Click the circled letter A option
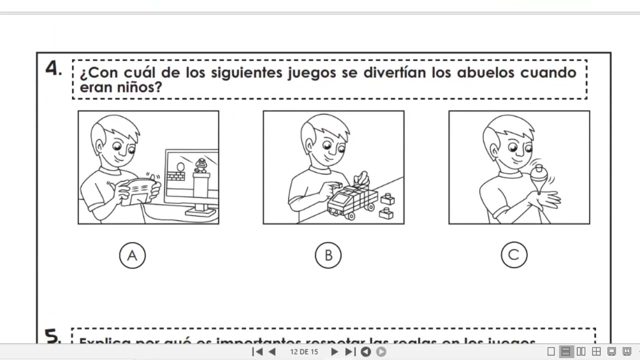(132, 255)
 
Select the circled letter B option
(328, 255)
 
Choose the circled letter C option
(513, 255)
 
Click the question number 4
(53, 68)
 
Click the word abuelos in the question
(485, 72)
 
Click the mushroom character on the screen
(201, 165)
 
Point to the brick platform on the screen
(175, 176)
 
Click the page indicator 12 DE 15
(304, 351)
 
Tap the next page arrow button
(334, 351)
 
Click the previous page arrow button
(272, 351)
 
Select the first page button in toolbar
(258, 351)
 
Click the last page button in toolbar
(350, 351)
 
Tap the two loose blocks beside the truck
(386, 206)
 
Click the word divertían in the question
(394, 72)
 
